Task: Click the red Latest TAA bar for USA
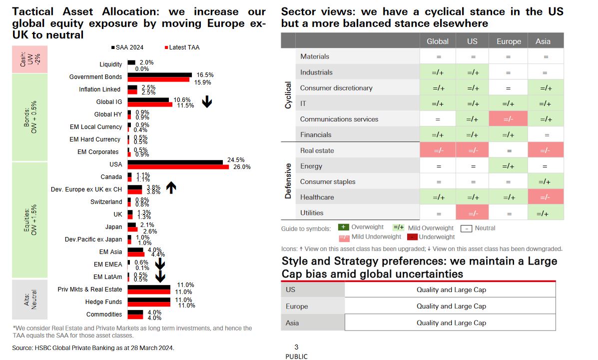click(178, 166)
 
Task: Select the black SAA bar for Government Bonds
click(159, 74)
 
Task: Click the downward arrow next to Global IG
click(207, 102)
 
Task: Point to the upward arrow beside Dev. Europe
click(171, 187)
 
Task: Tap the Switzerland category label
click(106, 202)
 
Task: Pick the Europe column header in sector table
click(509, 41)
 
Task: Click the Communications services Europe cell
click(508, 119)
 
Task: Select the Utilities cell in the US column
click(472, 213)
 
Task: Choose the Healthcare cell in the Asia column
click(546, 197)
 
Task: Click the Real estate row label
click(317, 150)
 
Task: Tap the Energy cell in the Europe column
click(508, 166)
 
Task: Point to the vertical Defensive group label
click(288, 181)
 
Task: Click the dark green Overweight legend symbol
click(343, 227)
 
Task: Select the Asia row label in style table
click(292, 323)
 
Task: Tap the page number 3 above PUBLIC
click(296, 347)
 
